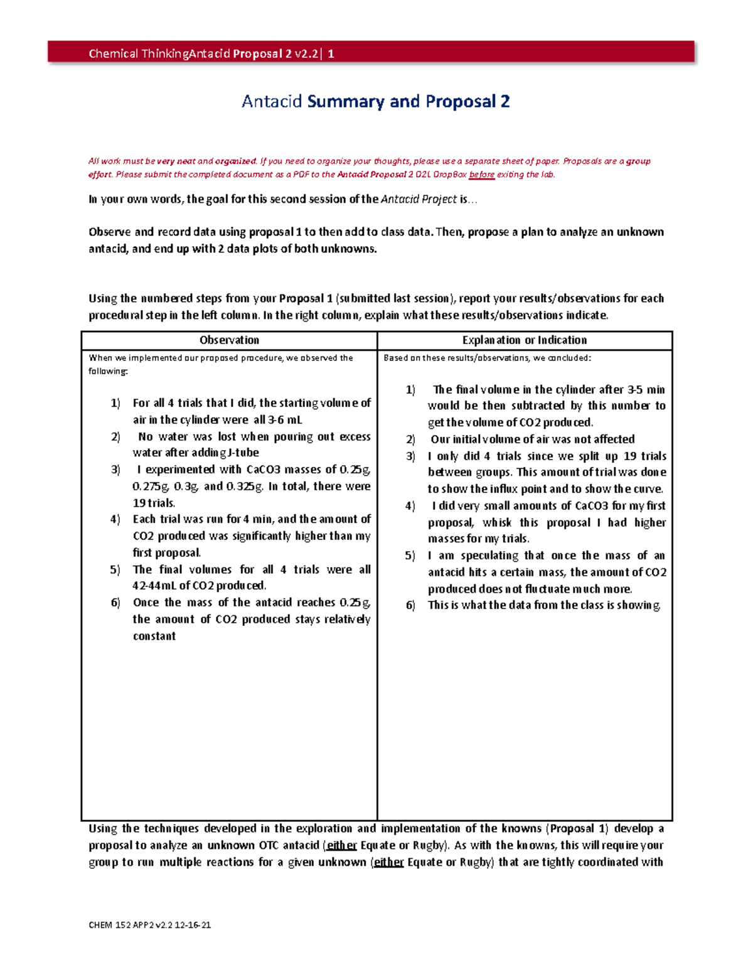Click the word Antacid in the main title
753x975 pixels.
click(272, 101)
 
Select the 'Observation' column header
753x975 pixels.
click(229, 340)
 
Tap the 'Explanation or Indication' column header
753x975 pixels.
click(525, 340)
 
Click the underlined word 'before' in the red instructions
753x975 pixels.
click(482, 175)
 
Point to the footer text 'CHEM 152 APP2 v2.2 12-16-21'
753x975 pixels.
click(150, 925)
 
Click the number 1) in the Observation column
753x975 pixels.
click(115, 403)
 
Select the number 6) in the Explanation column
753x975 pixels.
click(410, 605)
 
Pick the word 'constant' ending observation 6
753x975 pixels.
click(154, 636)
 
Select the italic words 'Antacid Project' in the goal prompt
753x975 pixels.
click(419, 199)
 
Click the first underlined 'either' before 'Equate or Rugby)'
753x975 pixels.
click(342, 846)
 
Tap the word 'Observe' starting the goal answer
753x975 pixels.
click(110, 232)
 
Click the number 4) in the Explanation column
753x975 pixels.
click(410, 506)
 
